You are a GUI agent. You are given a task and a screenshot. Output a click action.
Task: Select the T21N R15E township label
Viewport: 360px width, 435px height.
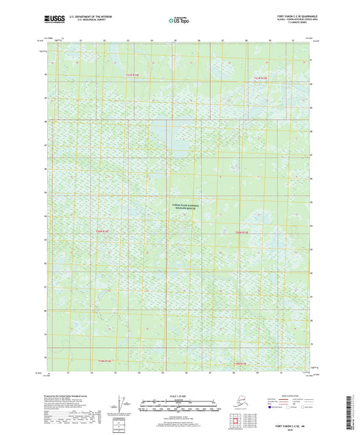coord(261,78)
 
